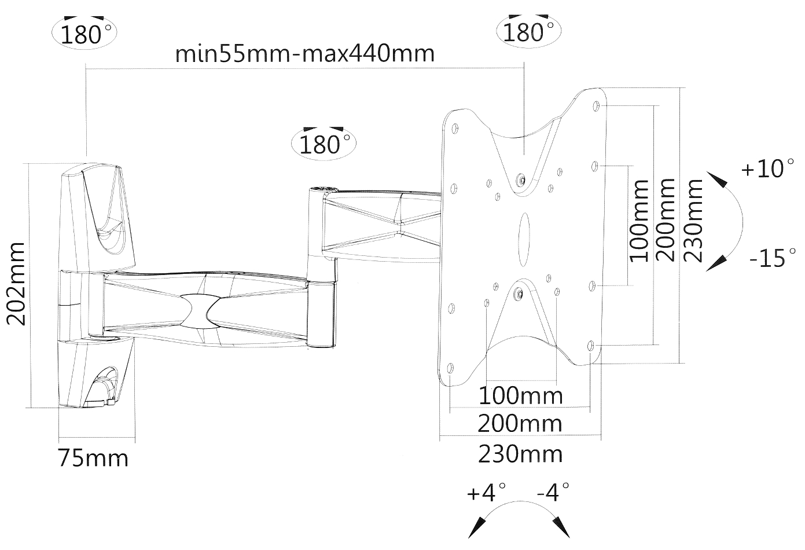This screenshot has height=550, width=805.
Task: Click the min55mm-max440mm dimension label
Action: (304, 53)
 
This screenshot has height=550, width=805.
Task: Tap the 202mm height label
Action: (16, 284)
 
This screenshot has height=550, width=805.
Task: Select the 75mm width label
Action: (93, 458)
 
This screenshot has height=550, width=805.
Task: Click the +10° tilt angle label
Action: (767, 169)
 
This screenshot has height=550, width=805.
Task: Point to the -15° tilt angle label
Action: (772, 258)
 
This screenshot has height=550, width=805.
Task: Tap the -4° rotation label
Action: (553, 493)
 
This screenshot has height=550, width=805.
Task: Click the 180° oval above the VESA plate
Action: (528, 32)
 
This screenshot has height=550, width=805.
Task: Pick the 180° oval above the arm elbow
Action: (325, 142)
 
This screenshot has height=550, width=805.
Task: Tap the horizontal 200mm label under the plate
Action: (520, 424)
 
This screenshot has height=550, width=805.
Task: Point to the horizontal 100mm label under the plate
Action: (520, 395)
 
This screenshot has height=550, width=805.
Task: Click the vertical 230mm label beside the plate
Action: (693, 220)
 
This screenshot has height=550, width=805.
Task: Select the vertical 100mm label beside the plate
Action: (639, 220)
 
